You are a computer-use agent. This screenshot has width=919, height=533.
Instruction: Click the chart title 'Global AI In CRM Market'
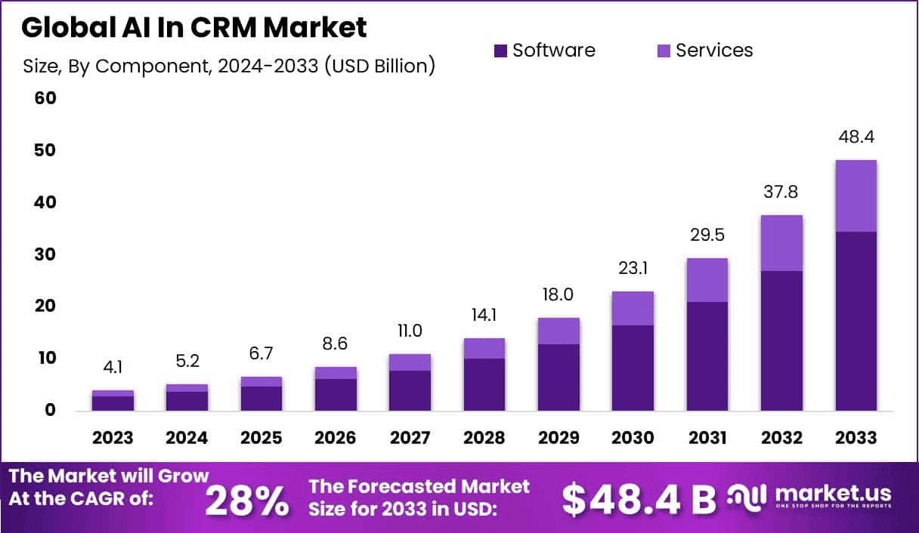click(194, 28)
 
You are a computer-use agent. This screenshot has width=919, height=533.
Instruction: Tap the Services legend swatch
click(664, 51)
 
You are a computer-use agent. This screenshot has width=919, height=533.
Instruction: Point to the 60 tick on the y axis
click(45, 99)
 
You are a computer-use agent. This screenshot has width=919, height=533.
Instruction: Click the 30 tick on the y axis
click(45, 254)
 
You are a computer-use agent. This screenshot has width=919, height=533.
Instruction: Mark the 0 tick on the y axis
click(50, 410)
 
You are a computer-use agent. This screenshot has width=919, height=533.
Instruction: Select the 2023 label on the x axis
click(113, 438)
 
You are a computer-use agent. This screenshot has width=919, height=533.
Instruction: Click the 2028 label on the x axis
click(484, 438)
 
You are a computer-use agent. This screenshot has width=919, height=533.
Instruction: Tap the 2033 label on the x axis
click(856, 438)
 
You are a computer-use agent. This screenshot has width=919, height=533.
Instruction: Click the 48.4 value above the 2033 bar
click(856, 137)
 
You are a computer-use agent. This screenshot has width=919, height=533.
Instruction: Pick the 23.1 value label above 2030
click(633, 268)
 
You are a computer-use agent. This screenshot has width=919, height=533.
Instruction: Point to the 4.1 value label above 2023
click(113, 368)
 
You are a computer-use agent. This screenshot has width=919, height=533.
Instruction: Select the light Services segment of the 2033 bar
click(856, 196)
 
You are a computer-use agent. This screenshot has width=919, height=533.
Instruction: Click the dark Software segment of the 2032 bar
click(781, 340)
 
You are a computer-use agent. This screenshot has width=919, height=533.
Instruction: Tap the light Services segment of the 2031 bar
click(707, 280)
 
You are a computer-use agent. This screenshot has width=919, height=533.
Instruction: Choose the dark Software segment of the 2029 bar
click(559, 377)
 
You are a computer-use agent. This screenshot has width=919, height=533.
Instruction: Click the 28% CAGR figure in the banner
click(246, 499)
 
